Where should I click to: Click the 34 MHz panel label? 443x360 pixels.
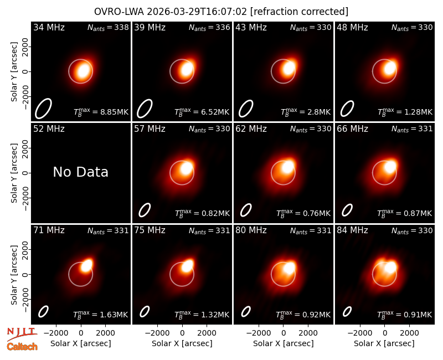click(x=49, y=27)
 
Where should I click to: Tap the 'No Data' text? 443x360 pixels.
click(x=80, y=172)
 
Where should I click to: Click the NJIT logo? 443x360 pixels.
click(x=22, y=334)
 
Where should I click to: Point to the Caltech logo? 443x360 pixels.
click(x=22, y=347)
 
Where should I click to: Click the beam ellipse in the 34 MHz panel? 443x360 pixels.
click(x=43, y=108)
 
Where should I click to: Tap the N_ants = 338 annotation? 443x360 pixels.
click(x=108, y=27)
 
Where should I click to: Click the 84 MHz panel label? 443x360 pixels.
click(x=352, y=230)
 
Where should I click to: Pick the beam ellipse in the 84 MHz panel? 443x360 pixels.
click(x=347, y=312)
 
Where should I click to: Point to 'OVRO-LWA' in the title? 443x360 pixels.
click(x=119, y=12)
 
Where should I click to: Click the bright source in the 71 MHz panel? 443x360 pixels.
click(x=86, y=265)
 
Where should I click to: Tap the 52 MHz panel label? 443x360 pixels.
click(x=49, y=129)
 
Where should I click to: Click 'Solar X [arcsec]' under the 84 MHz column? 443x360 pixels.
click(x=384, y=343)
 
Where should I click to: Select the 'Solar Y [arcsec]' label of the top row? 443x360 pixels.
click(x=14, y=72)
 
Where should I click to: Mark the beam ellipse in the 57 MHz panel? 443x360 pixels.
click(x=145, y=210)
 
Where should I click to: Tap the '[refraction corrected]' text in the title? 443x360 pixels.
click(x=299, y=12)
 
